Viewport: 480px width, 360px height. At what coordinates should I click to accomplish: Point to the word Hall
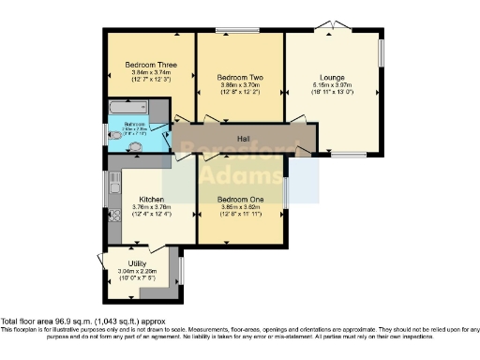click(243, 139)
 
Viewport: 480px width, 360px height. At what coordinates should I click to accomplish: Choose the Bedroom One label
click(237, 200)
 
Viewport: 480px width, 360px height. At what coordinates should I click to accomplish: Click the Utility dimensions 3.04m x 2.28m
click(140, 273)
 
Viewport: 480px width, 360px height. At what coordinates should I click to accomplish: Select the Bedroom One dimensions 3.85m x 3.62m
click(237, 208)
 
